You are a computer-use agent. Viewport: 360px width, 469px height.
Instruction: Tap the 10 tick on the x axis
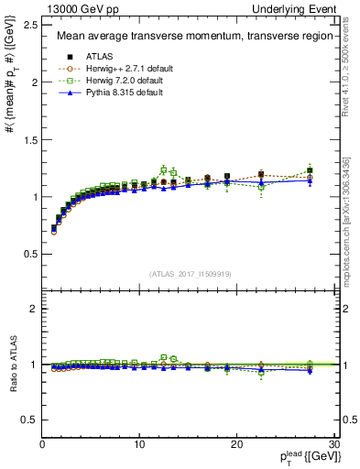coord(139,444)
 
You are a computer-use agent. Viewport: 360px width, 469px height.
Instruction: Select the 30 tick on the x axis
coord(333,444)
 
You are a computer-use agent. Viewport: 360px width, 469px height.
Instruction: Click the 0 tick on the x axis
coord(42,444)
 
